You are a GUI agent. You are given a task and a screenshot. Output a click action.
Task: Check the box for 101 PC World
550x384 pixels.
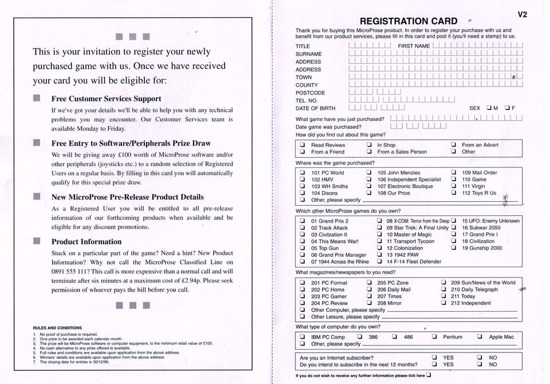click(x=302, y=173)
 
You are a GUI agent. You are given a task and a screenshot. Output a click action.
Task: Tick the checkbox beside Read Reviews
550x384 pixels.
click(x=302, y=145)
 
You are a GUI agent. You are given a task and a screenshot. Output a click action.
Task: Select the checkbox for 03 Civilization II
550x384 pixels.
click(x=302, y=234)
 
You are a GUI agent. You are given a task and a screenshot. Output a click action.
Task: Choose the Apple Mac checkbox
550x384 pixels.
click(x=480, y=337)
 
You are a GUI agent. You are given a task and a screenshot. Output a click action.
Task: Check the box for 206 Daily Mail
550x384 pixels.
click(x=369, y=289)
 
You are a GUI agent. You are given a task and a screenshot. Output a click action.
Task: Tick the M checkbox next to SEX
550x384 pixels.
click(x=489, y=108)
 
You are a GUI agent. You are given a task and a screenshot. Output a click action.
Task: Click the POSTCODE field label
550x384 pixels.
click(x=310, y=93)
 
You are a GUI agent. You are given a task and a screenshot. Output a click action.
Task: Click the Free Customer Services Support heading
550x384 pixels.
click(x=106, y=99)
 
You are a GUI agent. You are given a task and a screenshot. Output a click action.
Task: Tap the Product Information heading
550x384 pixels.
click(x=87, y=241)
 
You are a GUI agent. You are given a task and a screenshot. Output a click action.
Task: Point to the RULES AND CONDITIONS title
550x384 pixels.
click(x=57, y=328)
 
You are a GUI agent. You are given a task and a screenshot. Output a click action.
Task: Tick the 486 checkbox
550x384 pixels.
click(x=395, y=337)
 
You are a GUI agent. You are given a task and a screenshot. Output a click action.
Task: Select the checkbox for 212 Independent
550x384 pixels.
click(x=443, y=303)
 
